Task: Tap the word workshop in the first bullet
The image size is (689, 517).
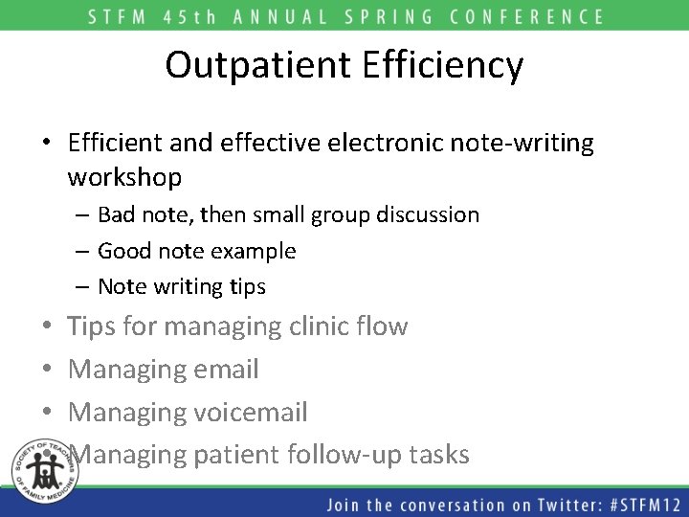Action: [x=124, y=177]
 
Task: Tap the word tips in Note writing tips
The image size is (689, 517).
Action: [x=247, y=286]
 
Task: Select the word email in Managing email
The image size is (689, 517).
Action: [x=226, y=369]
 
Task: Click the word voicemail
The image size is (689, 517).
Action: [x=250, y=412]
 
